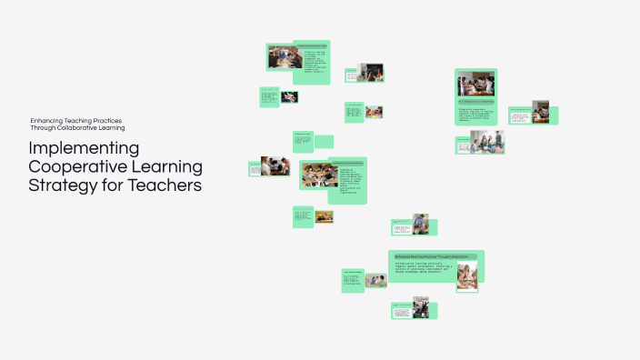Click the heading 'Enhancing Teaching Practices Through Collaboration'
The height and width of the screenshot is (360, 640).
[432, 256]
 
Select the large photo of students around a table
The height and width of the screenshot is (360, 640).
[317, 174]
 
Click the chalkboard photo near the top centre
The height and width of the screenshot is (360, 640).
[370, 72]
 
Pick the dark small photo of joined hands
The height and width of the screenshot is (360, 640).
[288, 96]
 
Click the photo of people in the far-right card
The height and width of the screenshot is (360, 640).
[541, 112]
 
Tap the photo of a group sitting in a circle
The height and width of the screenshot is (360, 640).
[487, 142]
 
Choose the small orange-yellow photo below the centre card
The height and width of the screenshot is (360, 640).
[324, 216]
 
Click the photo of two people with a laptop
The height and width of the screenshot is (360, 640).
[420, 224]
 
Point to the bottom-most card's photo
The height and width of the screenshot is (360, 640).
[420, 307]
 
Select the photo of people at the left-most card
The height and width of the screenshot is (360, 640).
[275, 166]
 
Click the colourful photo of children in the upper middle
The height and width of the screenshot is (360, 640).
[374, 112]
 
